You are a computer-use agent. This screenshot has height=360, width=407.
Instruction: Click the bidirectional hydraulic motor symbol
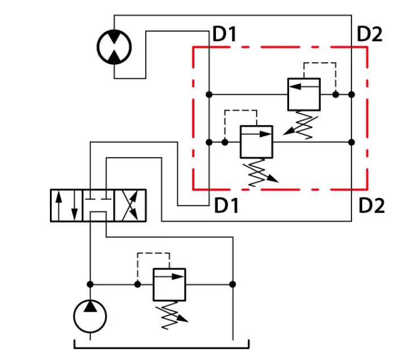coord(114,47)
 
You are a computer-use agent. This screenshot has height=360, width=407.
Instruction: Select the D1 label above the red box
coord(224,34)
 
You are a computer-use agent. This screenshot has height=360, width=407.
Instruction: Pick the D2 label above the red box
coord(370,34)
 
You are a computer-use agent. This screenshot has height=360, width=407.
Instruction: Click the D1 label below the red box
coord(226,205)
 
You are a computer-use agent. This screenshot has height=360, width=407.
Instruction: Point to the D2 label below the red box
coord(371,205)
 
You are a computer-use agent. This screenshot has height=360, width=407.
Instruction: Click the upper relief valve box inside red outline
coord(304,94)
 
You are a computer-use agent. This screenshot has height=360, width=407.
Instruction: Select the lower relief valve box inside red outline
coord(256,142)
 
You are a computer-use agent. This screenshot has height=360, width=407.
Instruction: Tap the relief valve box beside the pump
coord(169,285)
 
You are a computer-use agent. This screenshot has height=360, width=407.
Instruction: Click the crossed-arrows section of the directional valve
coord(130,205)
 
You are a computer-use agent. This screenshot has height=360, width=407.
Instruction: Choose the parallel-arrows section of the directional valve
coord(66,205)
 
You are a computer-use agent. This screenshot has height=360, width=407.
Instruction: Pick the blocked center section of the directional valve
coord(98,205)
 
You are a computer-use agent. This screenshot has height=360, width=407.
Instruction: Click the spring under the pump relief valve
coord(172,315)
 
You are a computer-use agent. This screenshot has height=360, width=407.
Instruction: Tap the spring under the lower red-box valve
coord(260,172)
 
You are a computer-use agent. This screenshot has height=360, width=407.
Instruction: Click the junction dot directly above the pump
coord(90,285)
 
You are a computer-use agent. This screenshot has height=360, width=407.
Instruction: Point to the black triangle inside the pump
coord(90,306)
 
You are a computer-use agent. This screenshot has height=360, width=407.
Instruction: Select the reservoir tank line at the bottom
coord(162,348)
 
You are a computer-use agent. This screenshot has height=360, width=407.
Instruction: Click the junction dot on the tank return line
coord(233,285)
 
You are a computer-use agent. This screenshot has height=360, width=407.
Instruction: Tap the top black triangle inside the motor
coord(114,37)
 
